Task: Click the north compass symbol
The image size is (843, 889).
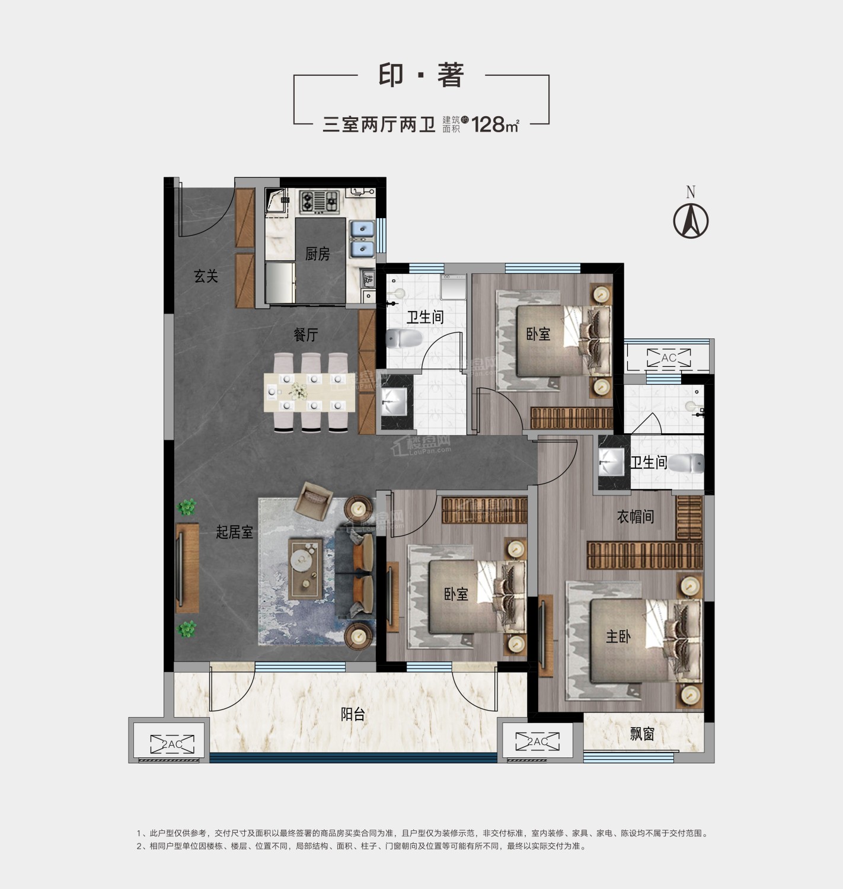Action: (691, 220)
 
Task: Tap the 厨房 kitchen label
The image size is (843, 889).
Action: (317, 254)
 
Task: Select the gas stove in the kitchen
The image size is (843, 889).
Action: (319, 202)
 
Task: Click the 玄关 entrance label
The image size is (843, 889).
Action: (206, 276)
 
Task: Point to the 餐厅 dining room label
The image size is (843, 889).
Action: (306, 335)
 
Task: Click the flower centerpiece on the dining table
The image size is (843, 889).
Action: (298, 391)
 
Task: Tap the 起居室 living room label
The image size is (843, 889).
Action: (234, 532)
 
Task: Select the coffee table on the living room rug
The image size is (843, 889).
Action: (305, 568)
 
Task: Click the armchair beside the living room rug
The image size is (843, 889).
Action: (312, 501)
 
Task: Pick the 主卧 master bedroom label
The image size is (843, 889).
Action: (618, 637)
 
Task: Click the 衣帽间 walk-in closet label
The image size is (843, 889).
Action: (636, 516)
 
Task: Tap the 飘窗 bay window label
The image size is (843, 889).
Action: (642, 734)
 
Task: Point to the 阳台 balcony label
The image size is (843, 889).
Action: (353, 714)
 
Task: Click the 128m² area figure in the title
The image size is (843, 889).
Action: (495, 124)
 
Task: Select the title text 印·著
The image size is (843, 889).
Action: (421, 75)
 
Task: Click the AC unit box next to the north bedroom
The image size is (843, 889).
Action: (669, 358)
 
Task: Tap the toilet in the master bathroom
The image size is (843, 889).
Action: (686, 463)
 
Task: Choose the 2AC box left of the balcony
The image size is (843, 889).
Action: (173, 744)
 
